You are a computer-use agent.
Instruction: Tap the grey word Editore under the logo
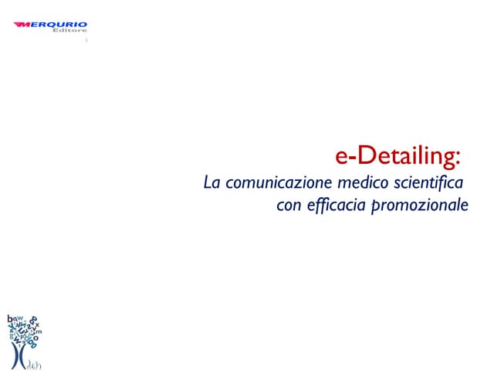(73, 32)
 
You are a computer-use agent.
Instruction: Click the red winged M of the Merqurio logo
(22, 25)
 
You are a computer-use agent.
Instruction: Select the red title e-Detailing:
(398, 156)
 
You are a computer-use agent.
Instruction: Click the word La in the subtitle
(210, 183)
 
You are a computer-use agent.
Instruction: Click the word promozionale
(420, 207)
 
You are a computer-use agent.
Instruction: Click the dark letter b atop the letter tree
(8, 318)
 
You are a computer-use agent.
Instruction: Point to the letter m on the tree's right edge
(39, 332)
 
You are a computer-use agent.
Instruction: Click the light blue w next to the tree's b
(18, 318)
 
